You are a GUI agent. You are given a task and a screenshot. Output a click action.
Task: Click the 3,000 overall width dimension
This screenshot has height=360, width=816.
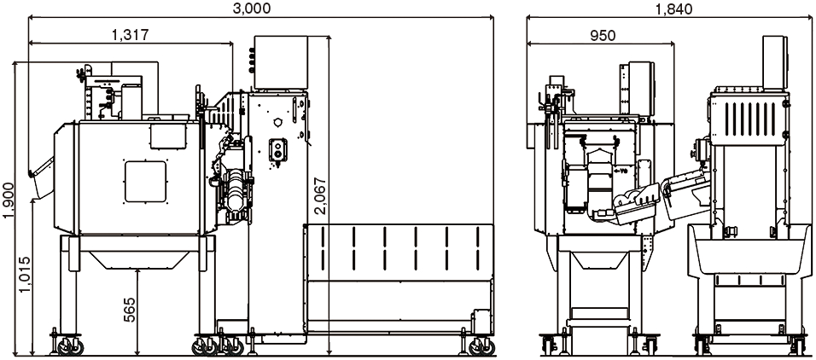pos(252,8)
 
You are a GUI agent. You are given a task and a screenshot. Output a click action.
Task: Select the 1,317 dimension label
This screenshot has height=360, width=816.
pos(130,34)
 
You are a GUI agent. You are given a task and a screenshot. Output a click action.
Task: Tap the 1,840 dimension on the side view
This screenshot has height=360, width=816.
pos(674,8)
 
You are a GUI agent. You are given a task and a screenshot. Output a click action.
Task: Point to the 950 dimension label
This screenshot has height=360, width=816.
pos(603,35)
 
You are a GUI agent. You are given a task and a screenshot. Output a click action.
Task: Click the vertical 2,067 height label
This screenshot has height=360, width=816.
pos(320,195)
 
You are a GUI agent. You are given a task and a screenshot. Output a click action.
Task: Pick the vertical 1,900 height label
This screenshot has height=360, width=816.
pos(9,200)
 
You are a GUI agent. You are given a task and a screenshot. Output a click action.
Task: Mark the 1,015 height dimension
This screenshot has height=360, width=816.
pos(25,274)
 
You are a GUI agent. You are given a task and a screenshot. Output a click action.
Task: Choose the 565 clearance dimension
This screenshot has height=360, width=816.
pos(130,310)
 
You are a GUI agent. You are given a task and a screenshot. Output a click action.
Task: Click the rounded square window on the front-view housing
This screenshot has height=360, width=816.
pos(145,182)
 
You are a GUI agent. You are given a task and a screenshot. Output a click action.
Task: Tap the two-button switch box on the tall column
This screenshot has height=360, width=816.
pos(278,150)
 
